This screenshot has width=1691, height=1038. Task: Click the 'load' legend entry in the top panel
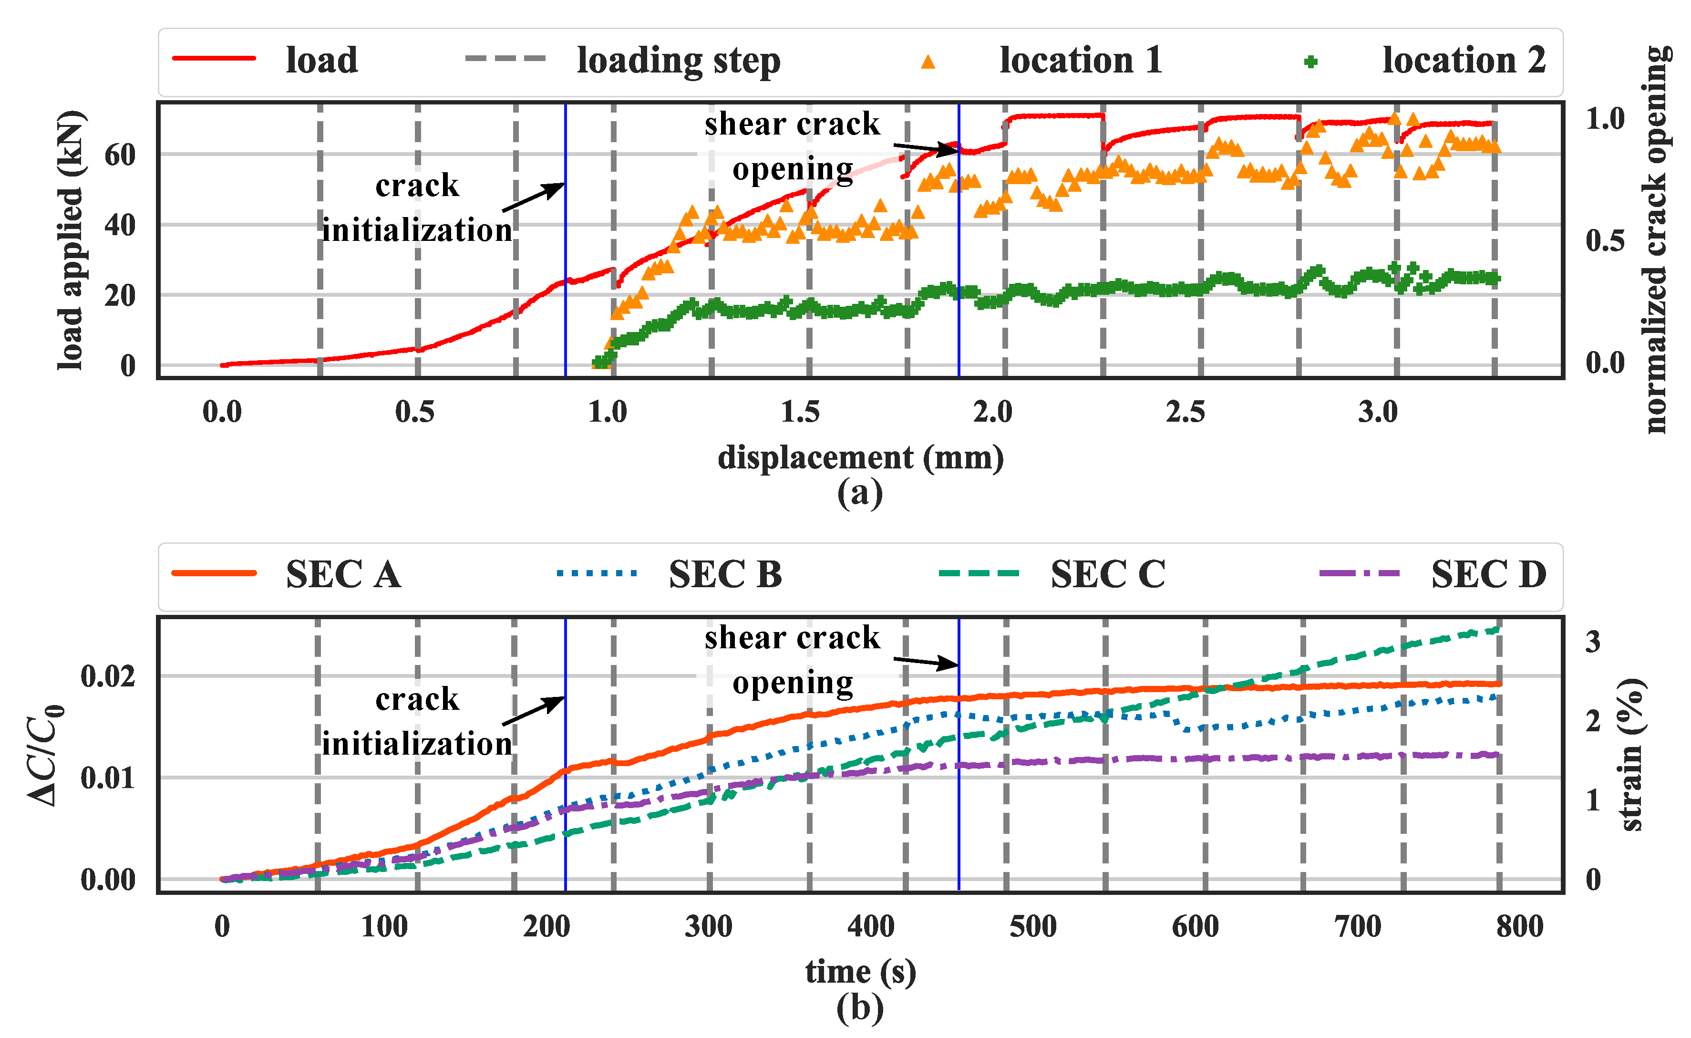(321, 61)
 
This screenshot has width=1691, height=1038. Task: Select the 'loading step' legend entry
(678, 61)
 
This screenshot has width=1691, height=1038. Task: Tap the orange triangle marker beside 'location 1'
(928, 62)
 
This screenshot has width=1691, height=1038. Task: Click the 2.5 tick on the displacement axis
(1185, 412)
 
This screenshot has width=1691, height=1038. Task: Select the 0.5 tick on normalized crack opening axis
(1605, 240)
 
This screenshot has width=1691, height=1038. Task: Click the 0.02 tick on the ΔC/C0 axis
(108, 676)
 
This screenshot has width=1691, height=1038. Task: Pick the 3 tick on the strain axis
(1593, 642)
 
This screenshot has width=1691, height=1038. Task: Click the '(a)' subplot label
(860, 493)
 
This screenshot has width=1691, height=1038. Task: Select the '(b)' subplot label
(860, 1008)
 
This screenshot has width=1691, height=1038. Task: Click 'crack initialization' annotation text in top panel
(417, 208)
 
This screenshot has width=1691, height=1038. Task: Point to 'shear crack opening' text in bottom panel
(792, 660)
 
